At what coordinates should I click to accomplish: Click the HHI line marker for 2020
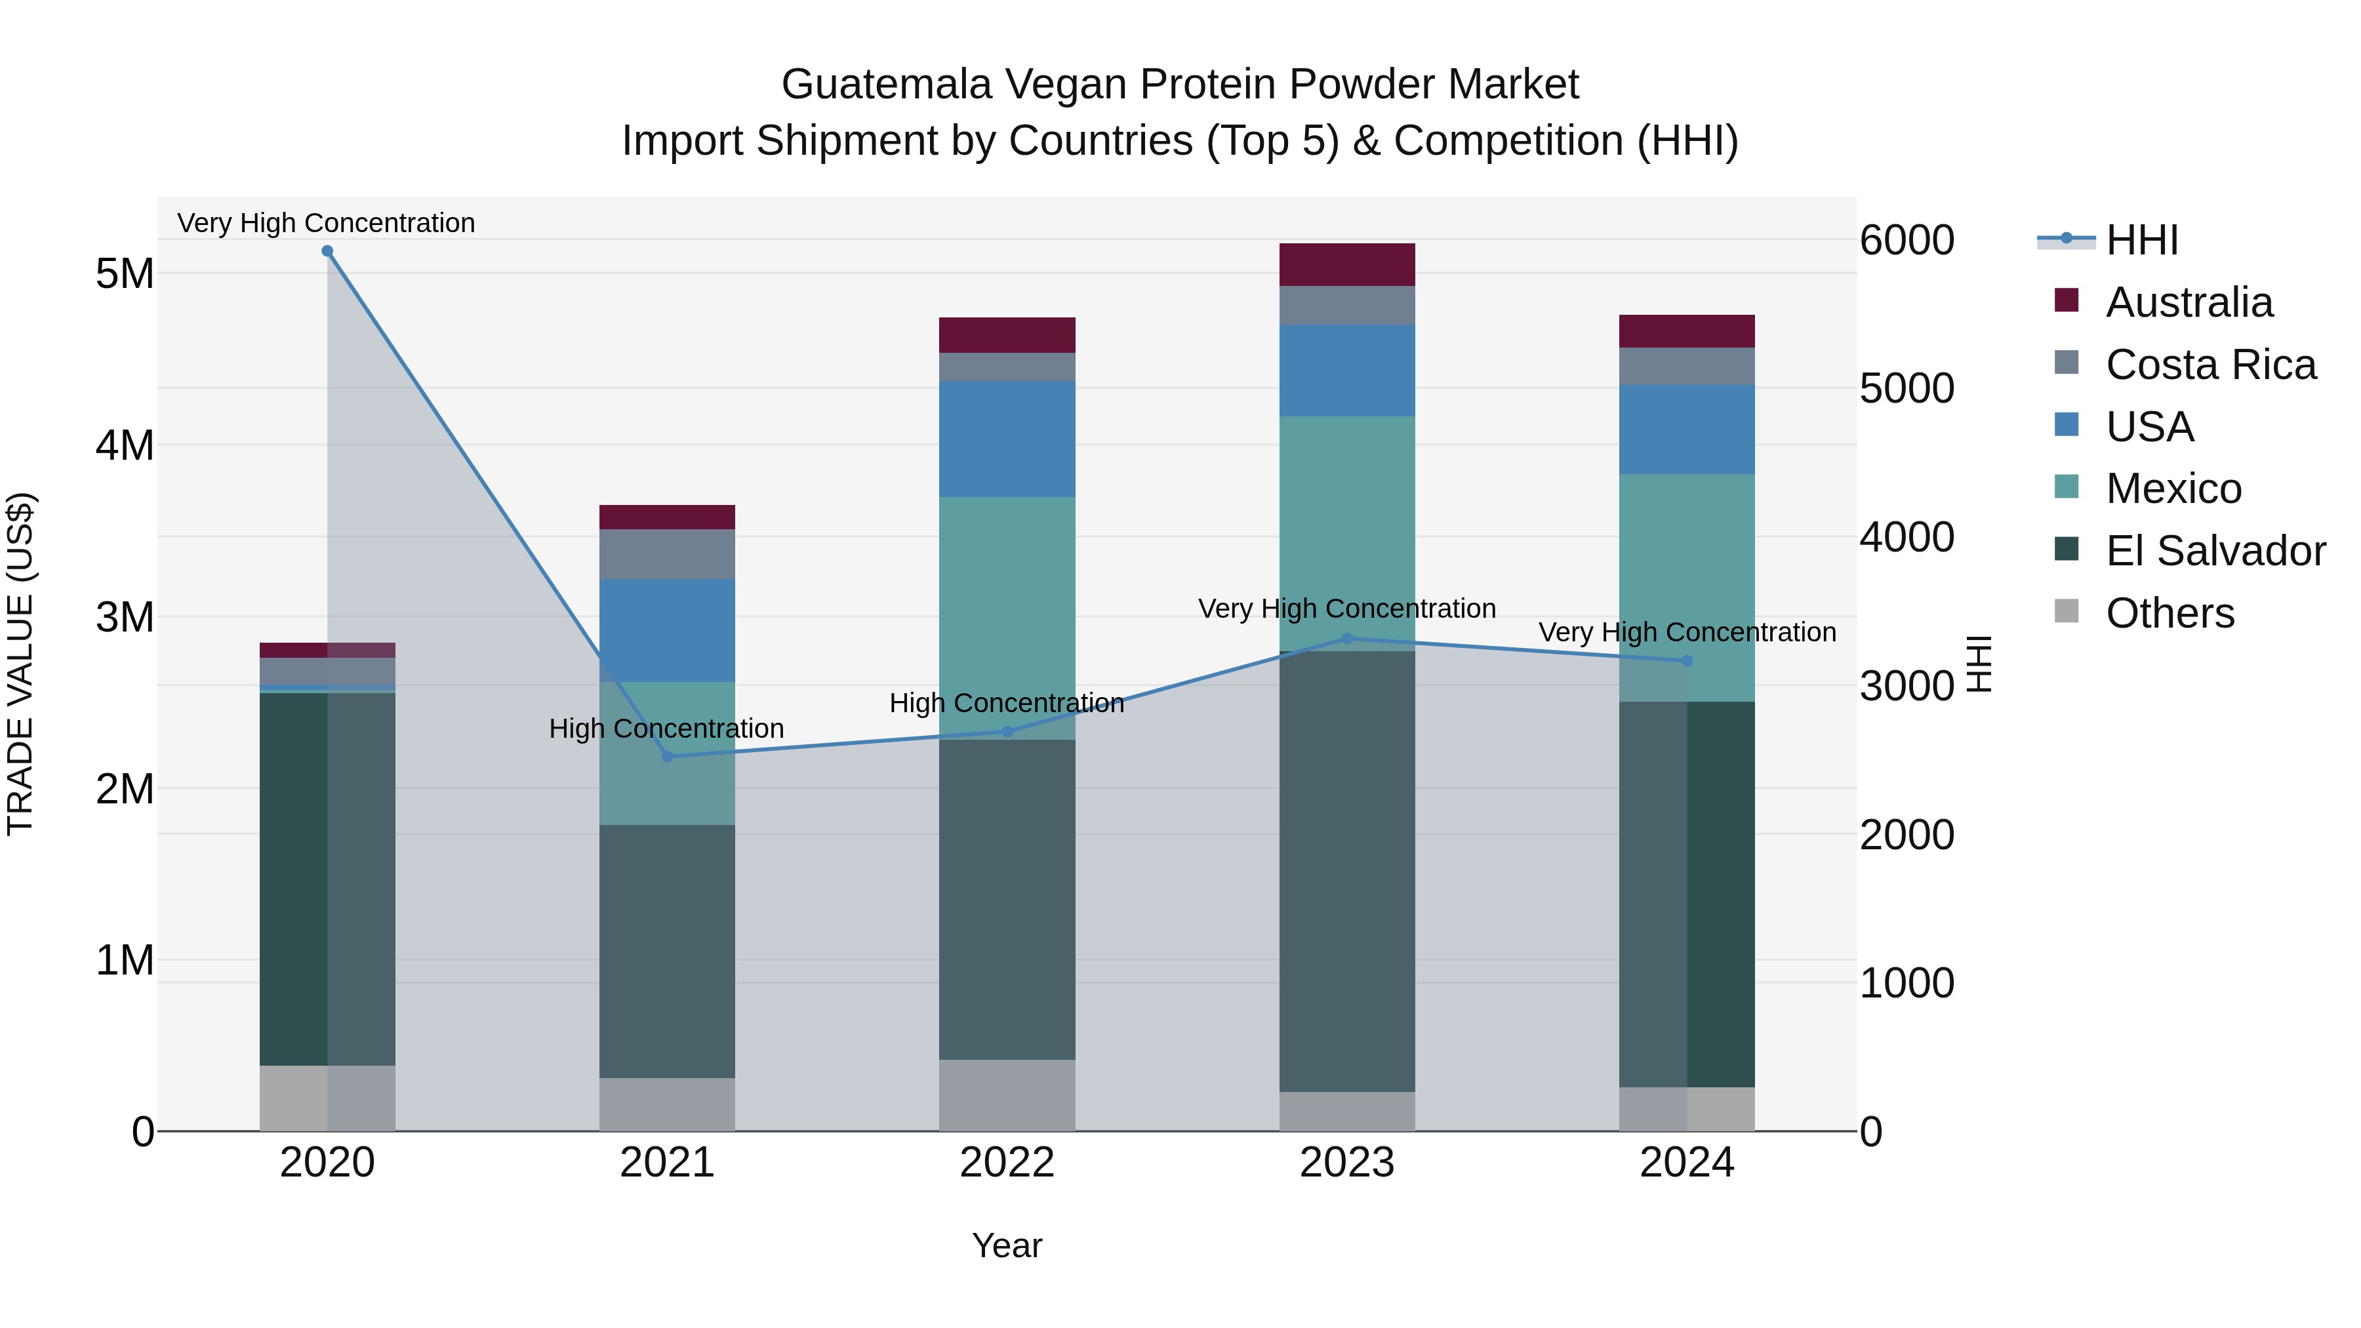pyautogui.click(x=327, y=251)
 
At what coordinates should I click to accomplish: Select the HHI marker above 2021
pyautogui.click(x=667, y=756)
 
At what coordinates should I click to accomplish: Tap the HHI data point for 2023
pyautogui.click(x=1346, y=639)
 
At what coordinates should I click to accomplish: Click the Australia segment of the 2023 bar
pyautogui.click(x=1346, y=265)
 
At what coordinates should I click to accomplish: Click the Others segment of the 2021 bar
pyautogui.click(x=667, y=1104)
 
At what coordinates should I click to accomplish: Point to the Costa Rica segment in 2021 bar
pyautogui.click(x=667, y=553)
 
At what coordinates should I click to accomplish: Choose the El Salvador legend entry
pyautogui.click(x=2215, y=551)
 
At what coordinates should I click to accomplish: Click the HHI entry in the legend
pyautogui.click(x=2141, y=240)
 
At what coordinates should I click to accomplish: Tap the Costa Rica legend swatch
pyautogui.click(x=2067, y=363)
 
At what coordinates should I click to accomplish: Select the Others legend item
pyautogui.click(x=2169, y=613)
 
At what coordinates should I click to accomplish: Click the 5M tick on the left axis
pyautogui.click(x=125, y=273)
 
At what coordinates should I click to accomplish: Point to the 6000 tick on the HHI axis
pyautogui.click(x=1907, y=240)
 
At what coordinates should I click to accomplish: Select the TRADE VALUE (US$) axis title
pyautogui.click(x=21, y=664)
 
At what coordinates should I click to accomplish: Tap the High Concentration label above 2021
pyautogui.click(x=666, y=729)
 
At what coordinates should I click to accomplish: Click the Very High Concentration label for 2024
pyautogui.click(x=1686, y=632)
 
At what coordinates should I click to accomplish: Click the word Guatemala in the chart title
pyautogui.click(x=886, y=85)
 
